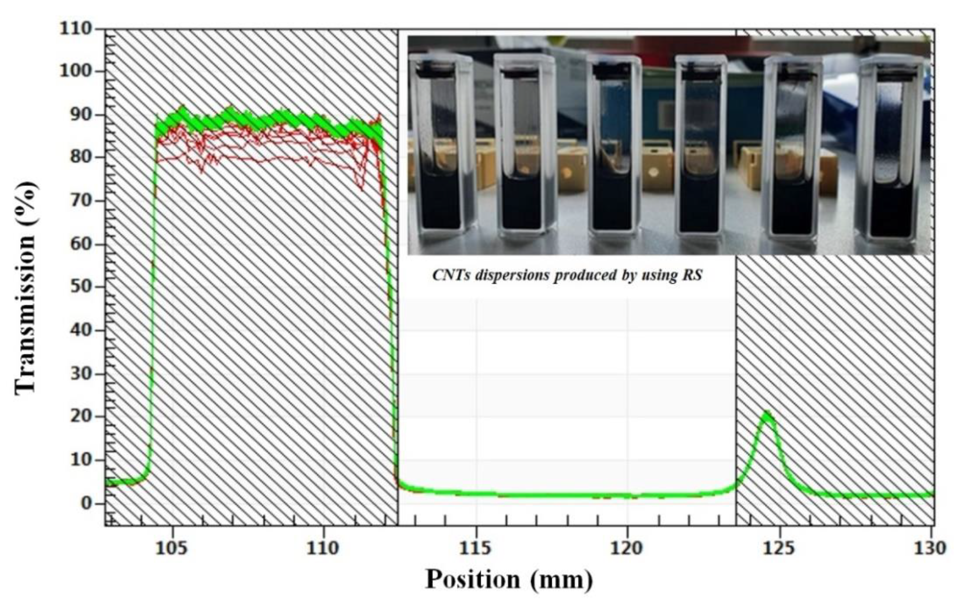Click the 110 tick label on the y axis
coord(75,29)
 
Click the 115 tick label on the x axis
coord(476,548)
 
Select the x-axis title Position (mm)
coord(509,579)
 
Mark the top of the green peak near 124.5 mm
coord(767,413)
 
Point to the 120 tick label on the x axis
coord(627,548)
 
